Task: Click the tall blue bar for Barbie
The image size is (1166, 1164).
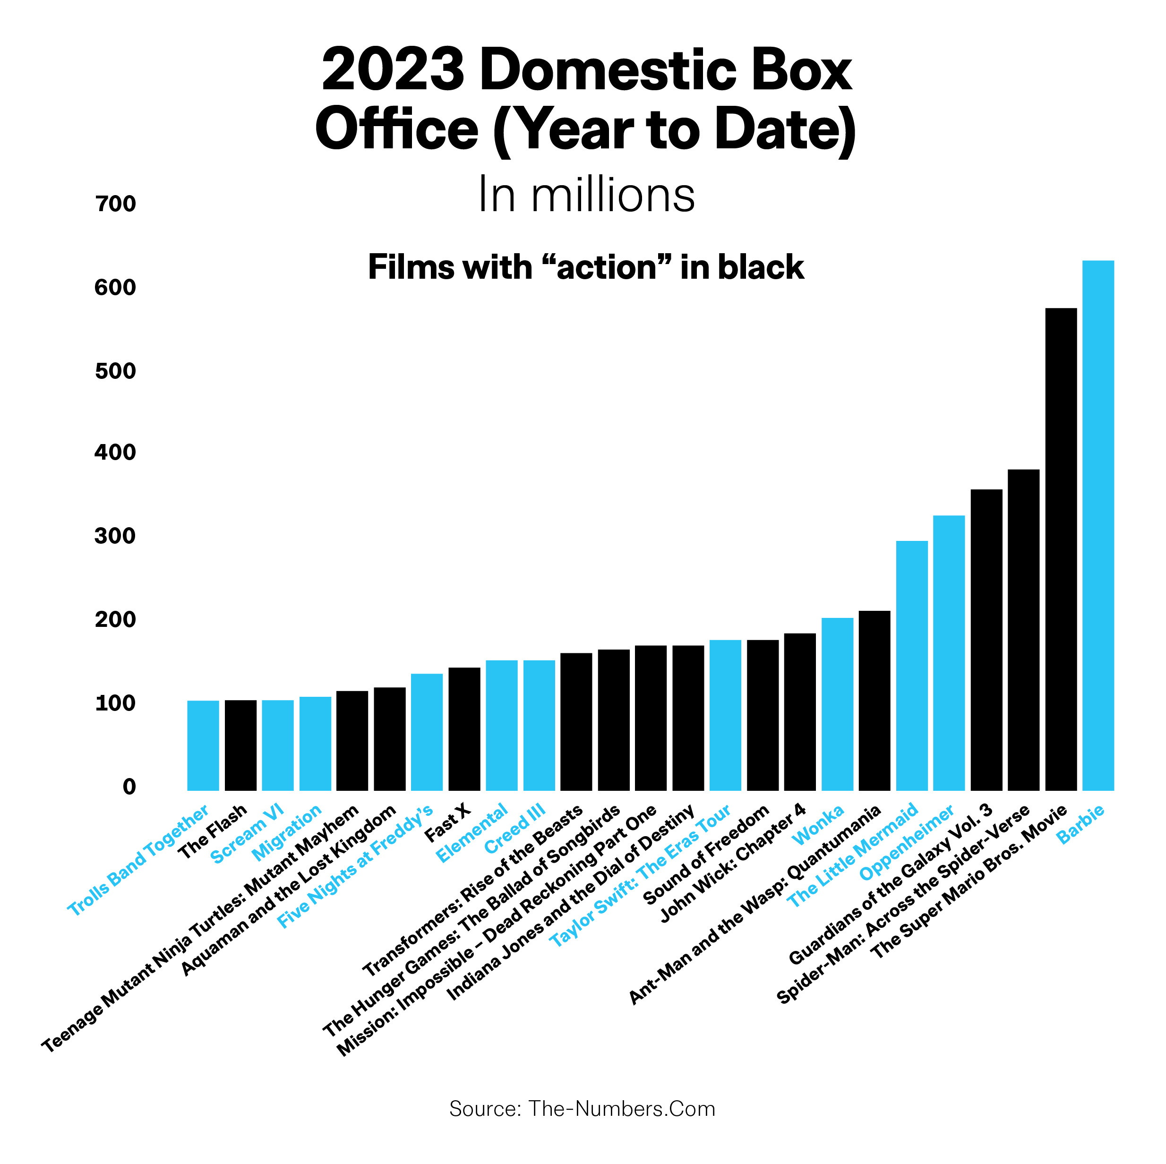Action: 1098,525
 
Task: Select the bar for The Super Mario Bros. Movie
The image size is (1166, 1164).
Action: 1060,549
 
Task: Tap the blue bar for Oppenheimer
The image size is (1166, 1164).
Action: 949,652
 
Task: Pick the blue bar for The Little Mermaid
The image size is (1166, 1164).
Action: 911,665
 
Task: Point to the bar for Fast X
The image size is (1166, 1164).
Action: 464,729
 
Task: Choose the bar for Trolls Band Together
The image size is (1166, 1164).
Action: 203,745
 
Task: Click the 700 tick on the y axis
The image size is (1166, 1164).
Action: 116,204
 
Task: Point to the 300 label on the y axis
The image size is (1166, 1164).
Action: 116,536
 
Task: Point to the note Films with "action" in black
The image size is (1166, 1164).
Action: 585,267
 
